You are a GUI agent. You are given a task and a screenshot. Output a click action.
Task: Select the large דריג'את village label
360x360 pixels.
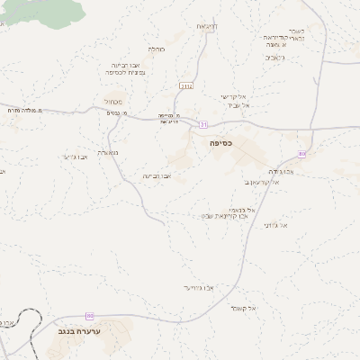click(x=205, y=27)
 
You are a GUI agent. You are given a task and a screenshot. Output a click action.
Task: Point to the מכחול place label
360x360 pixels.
click(x=124, y=102)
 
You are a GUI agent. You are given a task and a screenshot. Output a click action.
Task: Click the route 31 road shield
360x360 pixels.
click(x=204, y=124)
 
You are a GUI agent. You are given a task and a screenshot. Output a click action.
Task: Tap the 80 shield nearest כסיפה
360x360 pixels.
click(x=301, y=154)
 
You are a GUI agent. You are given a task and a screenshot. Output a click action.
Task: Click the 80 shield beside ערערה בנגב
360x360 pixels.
click(x=89, y=315)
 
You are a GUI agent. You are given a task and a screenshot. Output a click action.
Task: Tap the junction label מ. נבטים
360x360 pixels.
click(x=131, y=112)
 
